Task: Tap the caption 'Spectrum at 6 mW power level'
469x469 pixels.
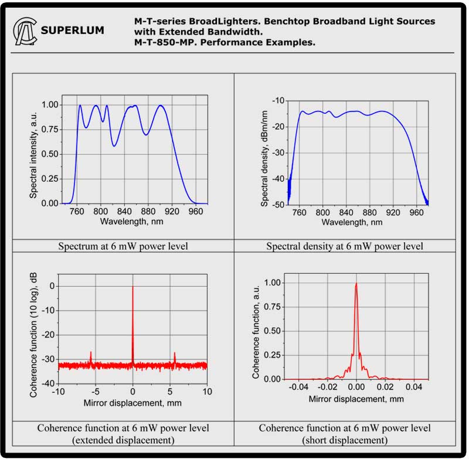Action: (x=123, y=246)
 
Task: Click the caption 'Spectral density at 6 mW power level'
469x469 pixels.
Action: (x=345, y=246)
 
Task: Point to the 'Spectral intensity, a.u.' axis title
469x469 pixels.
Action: (x=34, y=154)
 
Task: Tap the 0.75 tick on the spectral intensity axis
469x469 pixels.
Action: (x=50, y=130)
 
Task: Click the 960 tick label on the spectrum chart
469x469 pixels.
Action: (x=195, y=212)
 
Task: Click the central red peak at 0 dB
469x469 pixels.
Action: (x=132, y=287)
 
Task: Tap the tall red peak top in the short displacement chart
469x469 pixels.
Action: (x=356, y=284)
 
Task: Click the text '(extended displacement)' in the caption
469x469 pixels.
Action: (x=123, y=440)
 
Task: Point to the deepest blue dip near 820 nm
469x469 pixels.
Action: (x=114, y=145)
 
